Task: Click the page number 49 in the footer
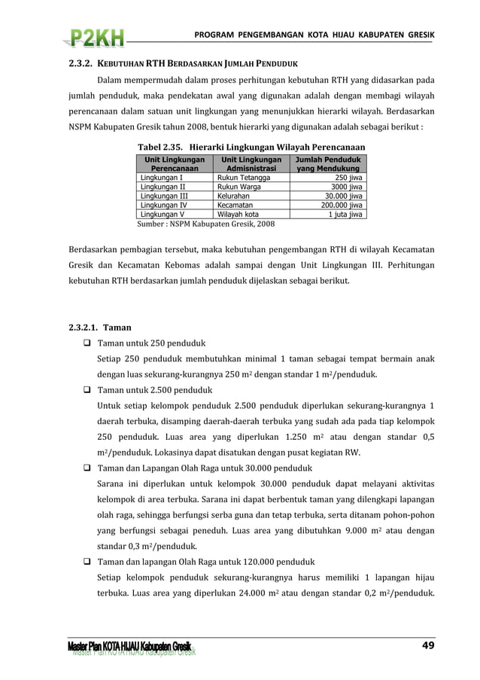click(427, 645)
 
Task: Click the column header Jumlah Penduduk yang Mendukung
click(327, 165)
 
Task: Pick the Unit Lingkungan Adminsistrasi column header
click(251, 165)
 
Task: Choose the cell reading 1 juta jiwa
click(345, 214)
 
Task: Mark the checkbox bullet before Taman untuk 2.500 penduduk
click(87, 390)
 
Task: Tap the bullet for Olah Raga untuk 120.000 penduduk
click(87, 562)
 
